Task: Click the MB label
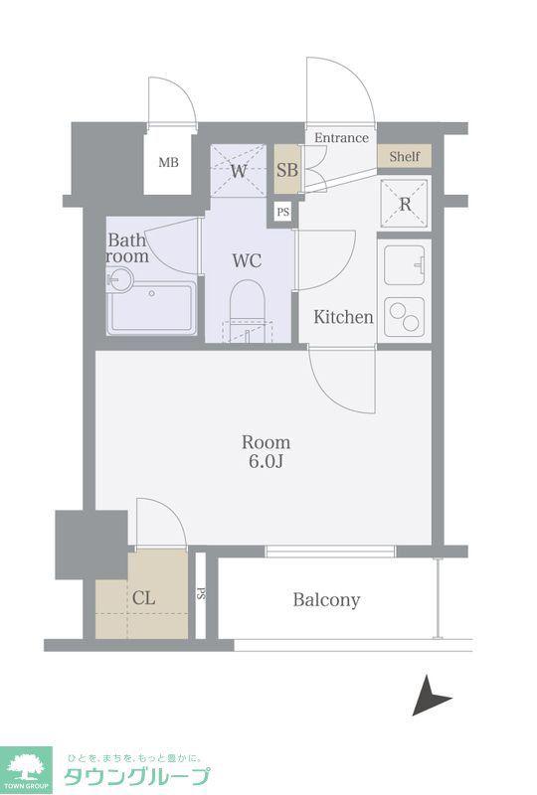tap(168, 162)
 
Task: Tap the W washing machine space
tap(238, 169)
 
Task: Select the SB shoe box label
tap(287, 169)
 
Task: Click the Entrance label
tap(341, 137)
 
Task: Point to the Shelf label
tap(405, 156)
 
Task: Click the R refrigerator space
tap(405, 204)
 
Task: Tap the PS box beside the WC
tap(283, 212)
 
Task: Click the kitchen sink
tap(405, 265)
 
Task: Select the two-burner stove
tap(405, 317)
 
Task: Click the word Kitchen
tap(344, 317)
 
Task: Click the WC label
tap(247, 260)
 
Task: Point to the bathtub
tap(152, 308)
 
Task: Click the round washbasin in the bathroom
tap(120, 279)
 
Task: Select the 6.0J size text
tap(266, 462)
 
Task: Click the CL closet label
tap(143, 598)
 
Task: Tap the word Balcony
tap(326, 600)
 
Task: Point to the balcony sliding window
tap(330, 552)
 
